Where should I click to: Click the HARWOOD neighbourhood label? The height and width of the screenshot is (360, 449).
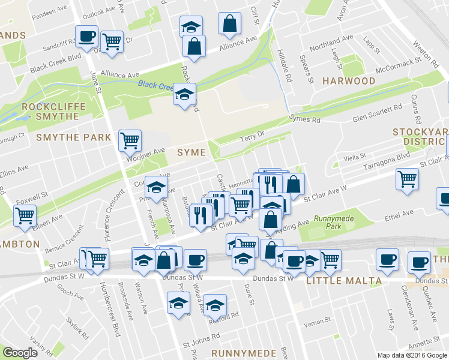click(349, 81)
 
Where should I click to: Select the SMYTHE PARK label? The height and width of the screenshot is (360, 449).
click(74, 137)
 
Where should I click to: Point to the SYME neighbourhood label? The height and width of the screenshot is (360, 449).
click(191, 152)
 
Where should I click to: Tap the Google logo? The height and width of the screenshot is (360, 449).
click(20, 352)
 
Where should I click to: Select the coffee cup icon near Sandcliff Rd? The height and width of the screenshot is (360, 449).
click(86, 36)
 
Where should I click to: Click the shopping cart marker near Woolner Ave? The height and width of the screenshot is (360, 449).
click(130, 140)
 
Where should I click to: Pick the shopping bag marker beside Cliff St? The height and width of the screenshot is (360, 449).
click(229, 23)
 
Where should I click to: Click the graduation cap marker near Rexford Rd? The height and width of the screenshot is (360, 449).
click(215, 305)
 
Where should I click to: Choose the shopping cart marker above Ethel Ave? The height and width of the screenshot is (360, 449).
click(407, 178)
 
